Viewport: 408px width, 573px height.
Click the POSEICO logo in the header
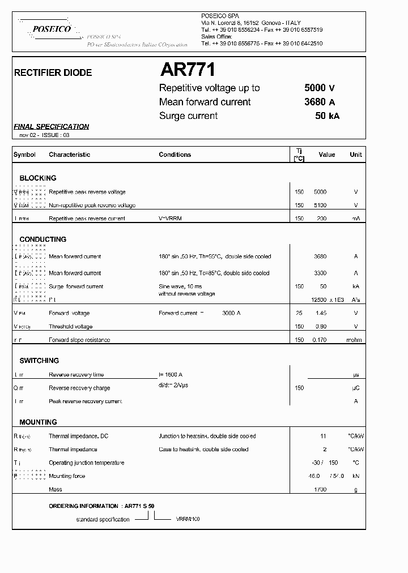click(x=52, y=29)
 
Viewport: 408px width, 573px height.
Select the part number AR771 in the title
click(x=188, y=70)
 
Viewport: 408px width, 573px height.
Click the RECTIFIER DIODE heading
click(x=53, y=72)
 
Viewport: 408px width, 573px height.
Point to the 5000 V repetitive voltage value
click(x=320, y=88)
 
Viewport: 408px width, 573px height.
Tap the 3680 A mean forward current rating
click(x=320, y=102)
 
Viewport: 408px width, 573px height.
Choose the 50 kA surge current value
click(x=327, y=116)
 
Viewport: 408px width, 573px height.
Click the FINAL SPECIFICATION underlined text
click(x=52, y=127)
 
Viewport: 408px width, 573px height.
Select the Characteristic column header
click(x=69, y=155)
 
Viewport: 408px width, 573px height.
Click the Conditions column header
click(x=175, y=155)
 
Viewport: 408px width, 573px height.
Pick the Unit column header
click(x=355, y=155)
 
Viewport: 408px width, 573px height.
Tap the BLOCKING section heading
click(x=38, y=178)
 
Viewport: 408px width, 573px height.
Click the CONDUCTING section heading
click(x=43, y=240)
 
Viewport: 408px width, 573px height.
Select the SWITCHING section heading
click(x=39, y=361)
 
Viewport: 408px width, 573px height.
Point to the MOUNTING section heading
click(x=38, y=422)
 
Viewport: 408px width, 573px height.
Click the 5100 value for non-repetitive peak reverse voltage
click(x=320, y=205)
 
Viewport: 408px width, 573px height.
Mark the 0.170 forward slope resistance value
click(x=320, y=340)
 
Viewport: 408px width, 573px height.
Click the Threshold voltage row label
click(x=70, y=326)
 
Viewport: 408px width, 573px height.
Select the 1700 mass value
click(x=320, y=489)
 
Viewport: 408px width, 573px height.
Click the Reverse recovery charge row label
click(x=79, y=388)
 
